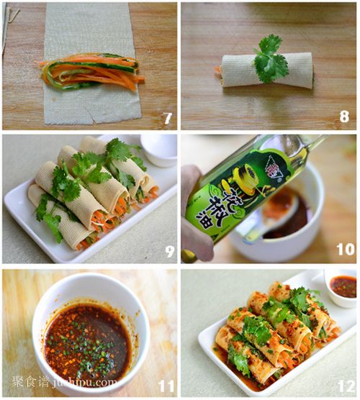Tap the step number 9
click(x=170, y=251)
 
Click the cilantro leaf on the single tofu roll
click(x=270, y=59)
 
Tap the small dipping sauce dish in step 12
click(x=342, y=287)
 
